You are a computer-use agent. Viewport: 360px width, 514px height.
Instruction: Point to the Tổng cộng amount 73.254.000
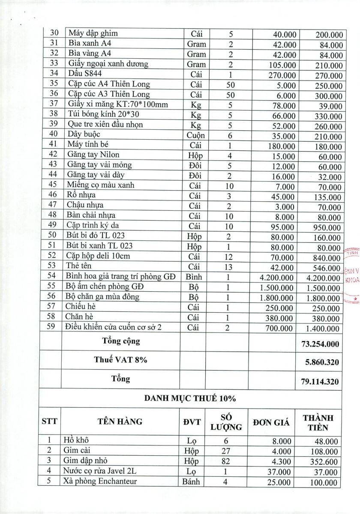[x=320, y=344]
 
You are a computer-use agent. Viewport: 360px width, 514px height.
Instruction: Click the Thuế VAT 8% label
[x=121, y=360]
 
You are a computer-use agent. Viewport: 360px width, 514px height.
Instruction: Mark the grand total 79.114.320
[x=320, y=381]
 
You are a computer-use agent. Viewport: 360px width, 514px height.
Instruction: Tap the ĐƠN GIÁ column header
[x=271, y=422]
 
